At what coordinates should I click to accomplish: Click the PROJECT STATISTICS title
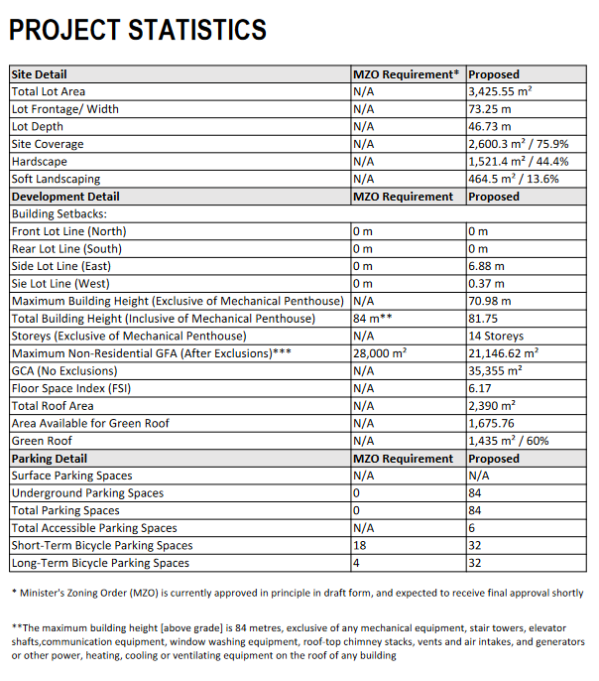[x=138, y=31]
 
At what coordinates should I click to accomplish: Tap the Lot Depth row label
[x=38, y=126]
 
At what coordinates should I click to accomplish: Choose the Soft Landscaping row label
[x=56, y=179]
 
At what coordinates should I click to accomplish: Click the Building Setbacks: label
[x=59, y=213]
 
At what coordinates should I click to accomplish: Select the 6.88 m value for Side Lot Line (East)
[x=486, y=266]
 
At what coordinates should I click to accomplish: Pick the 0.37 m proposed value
[x=486, y=283]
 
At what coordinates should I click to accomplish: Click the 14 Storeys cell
[x=497, y=336]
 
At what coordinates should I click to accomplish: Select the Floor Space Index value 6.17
[x=480, y=388]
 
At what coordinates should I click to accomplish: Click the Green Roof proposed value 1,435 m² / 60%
[x=508, y=441]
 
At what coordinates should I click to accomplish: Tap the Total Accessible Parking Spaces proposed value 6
[x=472, y=528]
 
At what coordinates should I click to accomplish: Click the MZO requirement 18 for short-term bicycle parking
[x=359, y=545]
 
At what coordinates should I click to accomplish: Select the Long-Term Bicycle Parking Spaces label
[x=100, y=563]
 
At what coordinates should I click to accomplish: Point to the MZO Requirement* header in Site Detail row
[x=407, y=74]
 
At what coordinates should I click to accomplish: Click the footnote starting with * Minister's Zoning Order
[x=298, y=593]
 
